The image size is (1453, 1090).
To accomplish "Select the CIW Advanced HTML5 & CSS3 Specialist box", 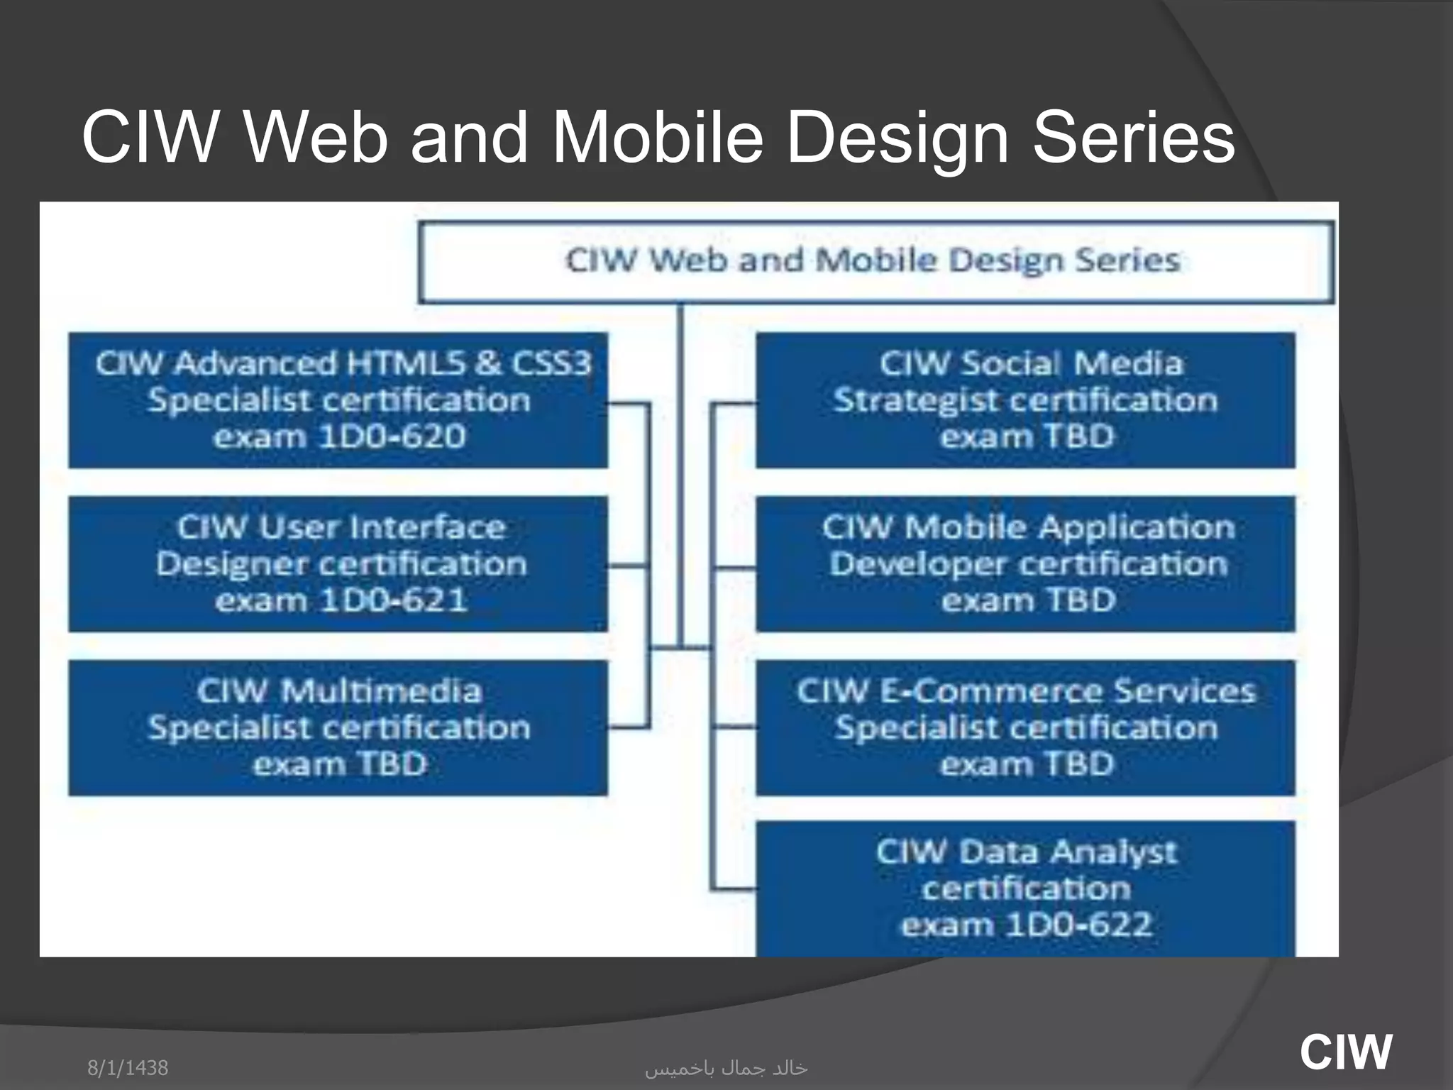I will (338, 400).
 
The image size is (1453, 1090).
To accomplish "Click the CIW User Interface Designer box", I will (338, 564).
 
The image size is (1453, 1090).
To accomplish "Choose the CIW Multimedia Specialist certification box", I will (338, 728).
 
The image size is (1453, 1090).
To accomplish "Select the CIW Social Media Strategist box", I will (1025, 400).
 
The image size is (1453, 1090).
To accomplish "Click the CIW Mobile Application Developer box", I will (1025, 564).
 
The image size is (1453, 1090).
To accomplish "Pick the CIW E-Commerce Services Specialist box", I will (1025, 728).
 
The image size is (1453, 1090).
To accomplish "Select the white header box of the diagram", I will (875, 262).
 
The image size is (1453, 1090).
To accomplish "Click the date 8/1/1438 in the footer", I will (128, 1067).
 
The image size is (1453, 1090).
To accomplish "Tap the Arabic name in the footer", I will (726, 1068).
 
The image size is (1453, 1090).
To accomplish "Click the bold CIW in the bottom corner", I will (1345, 1052).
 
